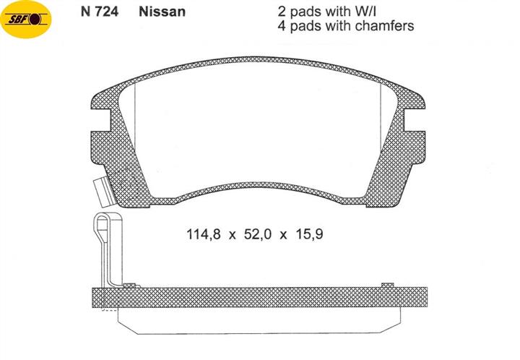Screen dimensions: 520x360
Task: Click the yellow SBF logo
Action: (x=26, y=20)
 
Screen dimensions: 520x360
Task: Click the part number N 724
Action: (x=100, y=12)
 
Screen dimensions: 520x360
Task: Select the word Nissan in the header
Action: (x=162, y=12)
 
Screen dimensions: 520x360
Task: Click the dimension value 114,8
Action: (x=203, y=234)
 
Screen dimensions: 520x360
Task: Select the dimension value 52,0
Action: (x=257, y=234)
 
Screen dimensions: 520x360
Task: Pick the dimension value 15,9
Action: (x=309, y=234)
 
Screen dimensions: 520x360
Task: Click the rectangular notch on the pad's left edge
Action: (x=100, y=120)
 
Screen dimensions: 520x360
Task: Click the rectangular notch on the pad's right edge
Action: (x=415, y=120)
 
